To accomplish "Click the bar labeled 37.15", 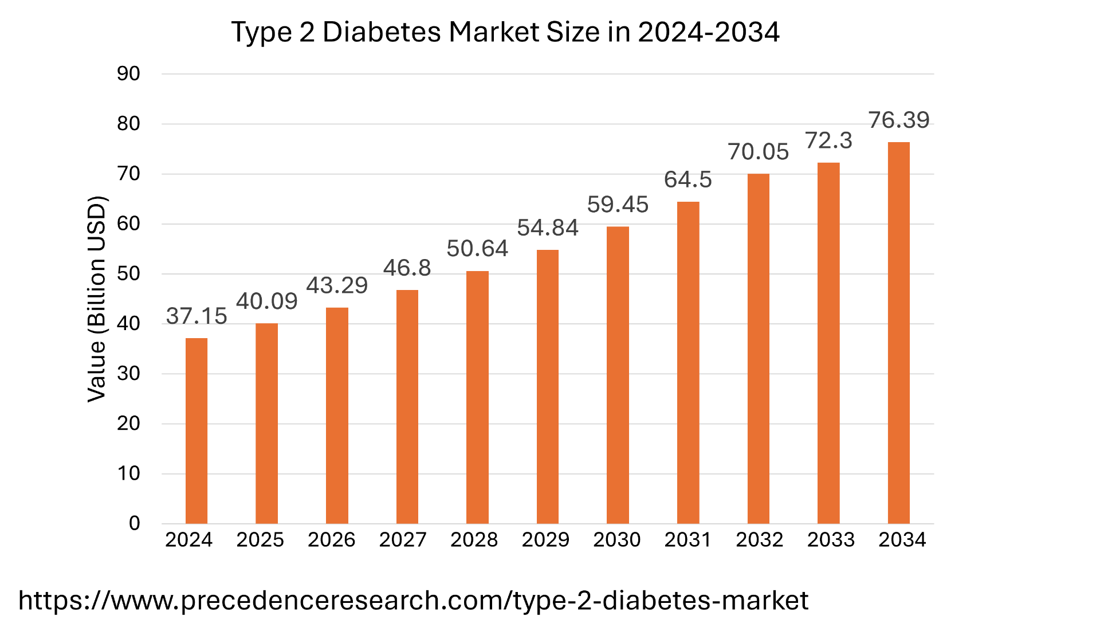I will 197,430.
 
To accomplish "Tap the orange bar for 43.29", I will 337,415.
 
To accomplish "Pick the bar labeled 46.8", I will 407,406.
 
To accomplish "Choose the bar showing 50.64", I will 477,397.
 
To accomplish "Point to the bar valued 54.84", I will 548,386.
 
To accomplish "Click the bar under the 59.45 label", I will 618,375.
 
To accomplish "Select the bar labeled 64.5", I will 688,362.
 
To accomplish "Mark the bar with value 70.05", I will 758,348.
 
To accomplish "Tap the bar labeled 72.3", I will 828,343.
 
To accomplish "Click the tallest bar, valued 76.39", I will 898,332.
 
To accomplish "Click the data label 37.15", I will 197,316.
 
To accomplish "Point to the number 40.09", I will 267,301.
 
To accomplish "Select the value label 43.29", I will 337,285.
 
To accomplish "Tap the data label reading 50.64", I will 477,249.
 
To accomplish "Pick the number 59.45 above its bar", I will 618,205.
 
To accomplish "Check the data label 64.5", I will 688,180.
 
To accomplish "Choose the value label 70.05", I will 758,152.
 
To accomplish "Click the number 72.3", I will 828,140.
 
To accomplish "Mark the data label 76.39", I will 898,120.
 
